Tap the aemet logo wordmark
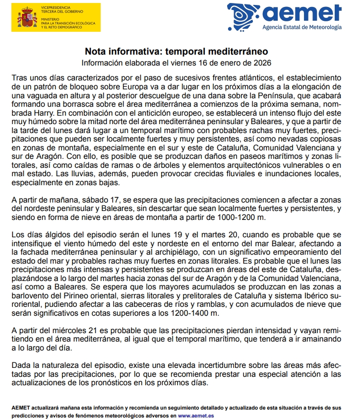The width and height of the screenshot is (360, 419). click(303, 14)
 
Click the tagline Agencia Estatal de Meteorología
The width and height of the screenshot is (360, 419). click(301, 27)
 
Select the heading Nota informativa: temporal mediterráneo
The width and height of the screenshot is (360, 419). click(177, 52)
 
